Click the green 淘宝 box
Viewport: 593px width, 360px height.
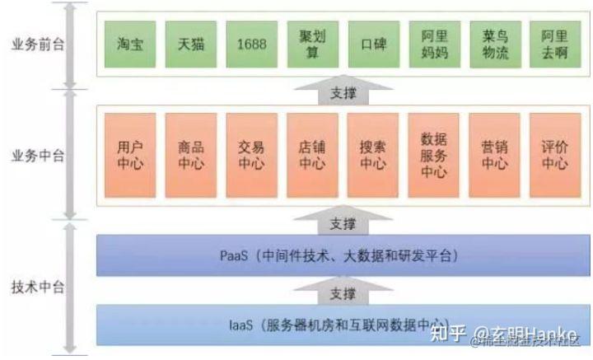click(130, 44)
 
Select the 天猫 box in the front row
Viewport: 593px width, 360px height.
click(190, 44)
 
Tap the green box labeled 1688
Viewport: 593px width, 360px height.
click(250, 44)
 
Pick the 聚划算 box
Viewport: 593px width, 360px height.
click(312, 44)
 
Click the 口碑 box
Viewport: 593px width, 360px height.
click(372, 44)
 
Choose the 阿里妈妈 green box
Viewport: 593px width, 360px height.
click(433, 44)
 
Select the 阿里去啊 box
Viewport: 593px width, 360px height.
click(553, 44)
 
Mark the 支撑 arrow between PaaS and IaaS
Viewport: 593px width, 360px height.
click(342, 292)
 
